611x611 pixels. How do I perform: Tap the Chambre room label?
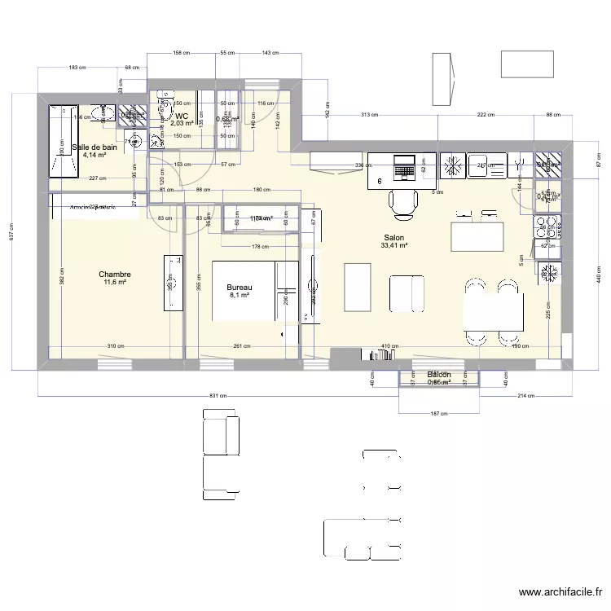click(115, 275)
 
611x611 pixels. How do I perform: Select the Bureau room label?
click(240, 288)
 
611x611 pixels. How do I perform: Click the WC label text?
click(182, 116)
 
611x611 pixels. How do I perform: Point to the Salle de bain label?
click(95, 147)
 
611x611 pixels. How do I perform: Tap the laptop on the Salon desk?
click(404, 169)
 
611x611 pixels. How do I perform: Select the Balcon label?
click(439, 374)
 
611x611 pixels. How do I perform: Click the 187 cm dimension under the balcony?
click(438, 414)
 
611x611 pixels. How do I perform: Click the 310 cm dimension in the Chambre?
click(116, 345)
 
